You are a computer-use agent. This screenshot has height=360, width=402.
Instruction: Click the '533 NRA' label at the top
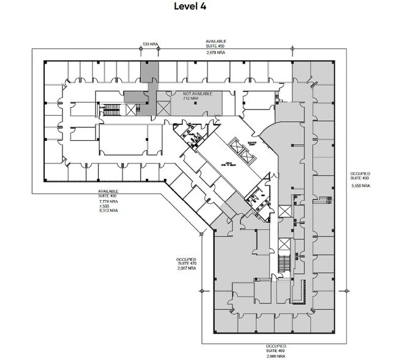tap(151, 45)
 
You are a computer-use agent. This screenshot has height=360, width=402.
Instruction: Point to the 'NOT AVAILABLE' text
tap(198, 92)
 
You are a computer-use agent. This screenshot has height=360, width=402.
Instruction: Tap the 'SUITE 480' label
tap(108, 196)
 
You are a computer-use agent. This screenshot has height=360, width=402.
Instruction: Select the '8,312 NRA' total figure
tap(108, 211)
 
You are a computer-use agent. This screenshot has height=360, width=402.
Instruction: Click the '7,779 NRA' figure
tap(108, 201)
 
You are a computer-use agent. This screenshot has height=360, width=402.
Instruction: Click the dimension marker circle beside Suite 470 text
tap(201, 234)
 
